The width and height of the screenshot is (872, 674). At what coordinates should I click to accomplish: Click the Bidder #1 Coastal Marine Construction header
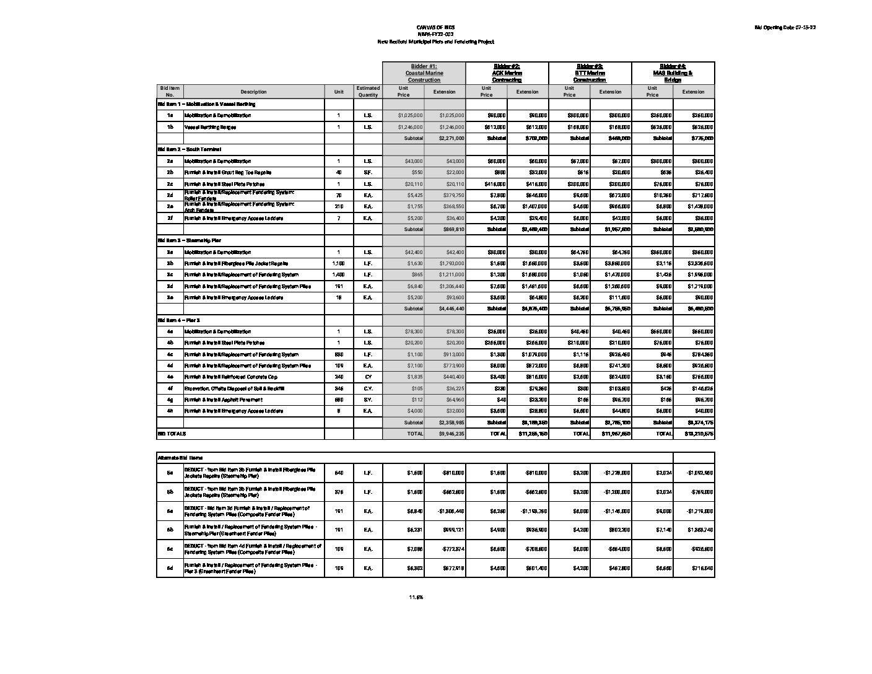(424, 73)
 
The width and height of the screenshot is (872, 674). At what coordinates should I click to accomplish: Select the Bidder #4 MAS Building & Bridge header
(673, 73)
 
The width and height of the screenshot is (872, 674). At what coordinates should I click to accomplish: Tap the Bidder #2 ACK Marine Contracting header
(507, 73)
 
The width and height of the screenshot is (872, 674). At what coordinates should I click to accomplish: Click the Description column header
(253, 92)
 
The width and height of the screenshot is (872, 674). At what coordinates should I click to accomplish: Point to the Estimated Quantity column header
(368, 92)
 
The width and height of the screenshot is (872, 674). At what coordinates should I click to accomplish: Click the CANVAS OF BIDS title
(436, 28)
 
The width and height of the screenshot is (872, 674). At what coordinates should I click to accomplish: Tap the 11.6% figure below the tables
(416, 597)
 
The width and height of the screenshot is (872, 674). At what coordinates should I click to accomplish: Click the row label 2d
(170, 195)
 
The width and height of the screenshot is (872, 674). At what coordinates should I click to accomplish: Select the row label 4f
(170, 388)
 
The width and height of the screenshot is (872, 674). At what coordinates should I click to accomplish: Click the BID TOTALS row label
(172, 434)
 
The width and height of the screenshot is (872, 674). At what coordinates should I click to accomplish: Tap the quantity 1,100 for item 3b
(339, 263)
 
